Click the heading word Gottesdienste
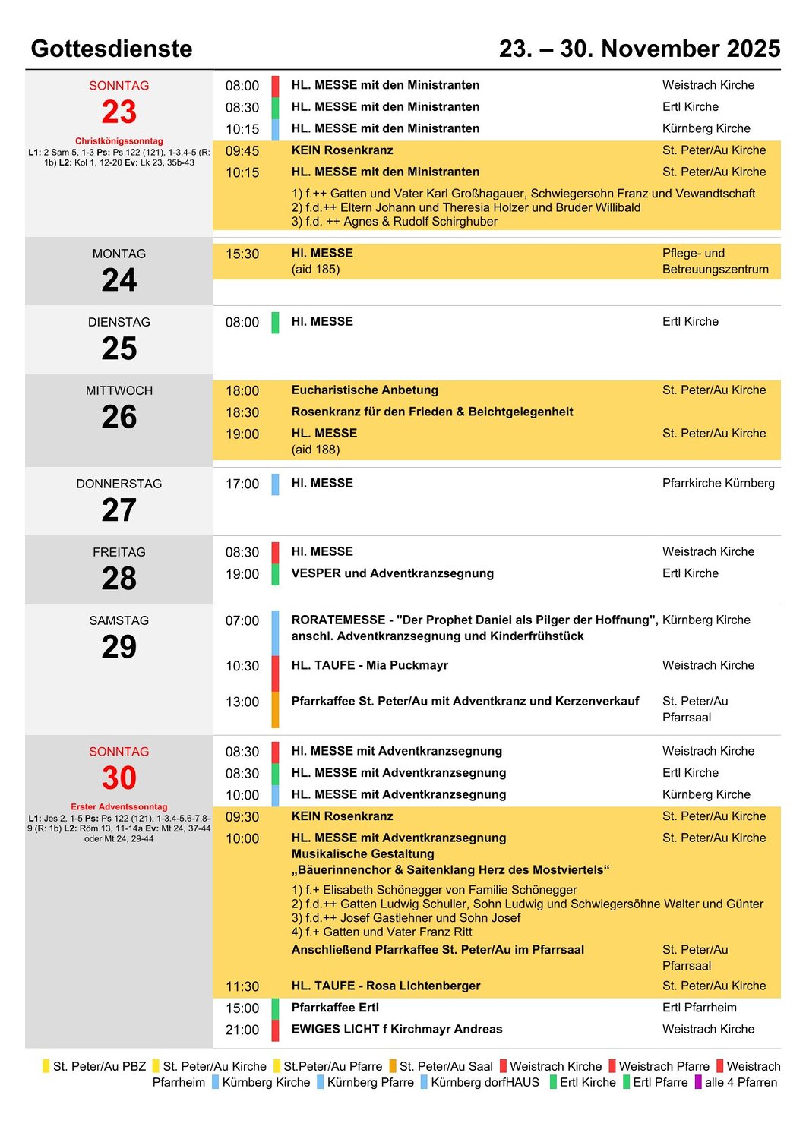click(112, 49)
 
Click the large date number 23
click(119, 112)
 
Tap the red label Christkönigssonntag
click(119, 140)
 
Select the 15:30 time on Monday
click(242, 254)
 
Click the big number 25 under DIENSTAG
click(119, 349)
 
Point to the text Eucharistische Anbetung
click(365, 390)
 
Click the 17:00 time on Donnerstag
click(242, 484)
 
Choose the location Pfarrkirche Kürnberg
click(718, 484)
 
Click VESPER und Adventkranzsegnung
click(392, 574)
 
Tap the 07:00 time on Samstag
click(242, 621)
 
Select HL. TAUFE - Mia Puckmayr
click(369, 666)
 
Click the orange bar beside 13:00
click(275, 709)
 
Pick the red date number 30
click(119, 778)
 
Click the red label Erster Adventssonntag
click(119, 806)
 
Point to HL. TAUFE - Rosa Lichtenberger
click(386, 986)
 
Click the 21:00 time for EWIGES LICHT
click(242, 1030)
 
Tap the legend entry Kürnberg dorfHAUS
click(485, 1083)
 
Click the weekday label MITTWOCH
click(119, 391)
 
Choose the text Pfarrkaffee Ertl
click(335, 1008)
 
